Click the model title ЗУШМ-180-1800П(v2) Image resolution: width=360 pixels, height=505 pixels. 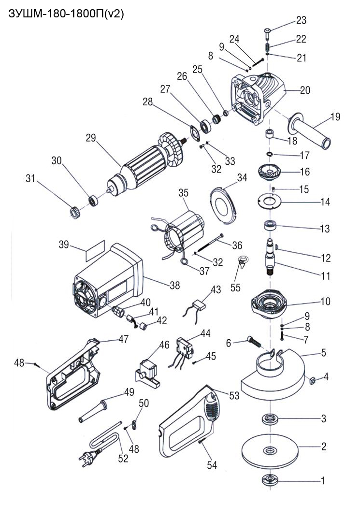pyautogui.click(x=67, y=14)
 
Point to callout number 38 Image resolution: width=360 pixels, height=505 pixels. pyautogui.click(x=174, y=285)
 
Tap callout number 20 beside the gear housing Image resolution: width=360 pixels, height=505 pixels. pyautogui.click(x=305, y=90)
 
